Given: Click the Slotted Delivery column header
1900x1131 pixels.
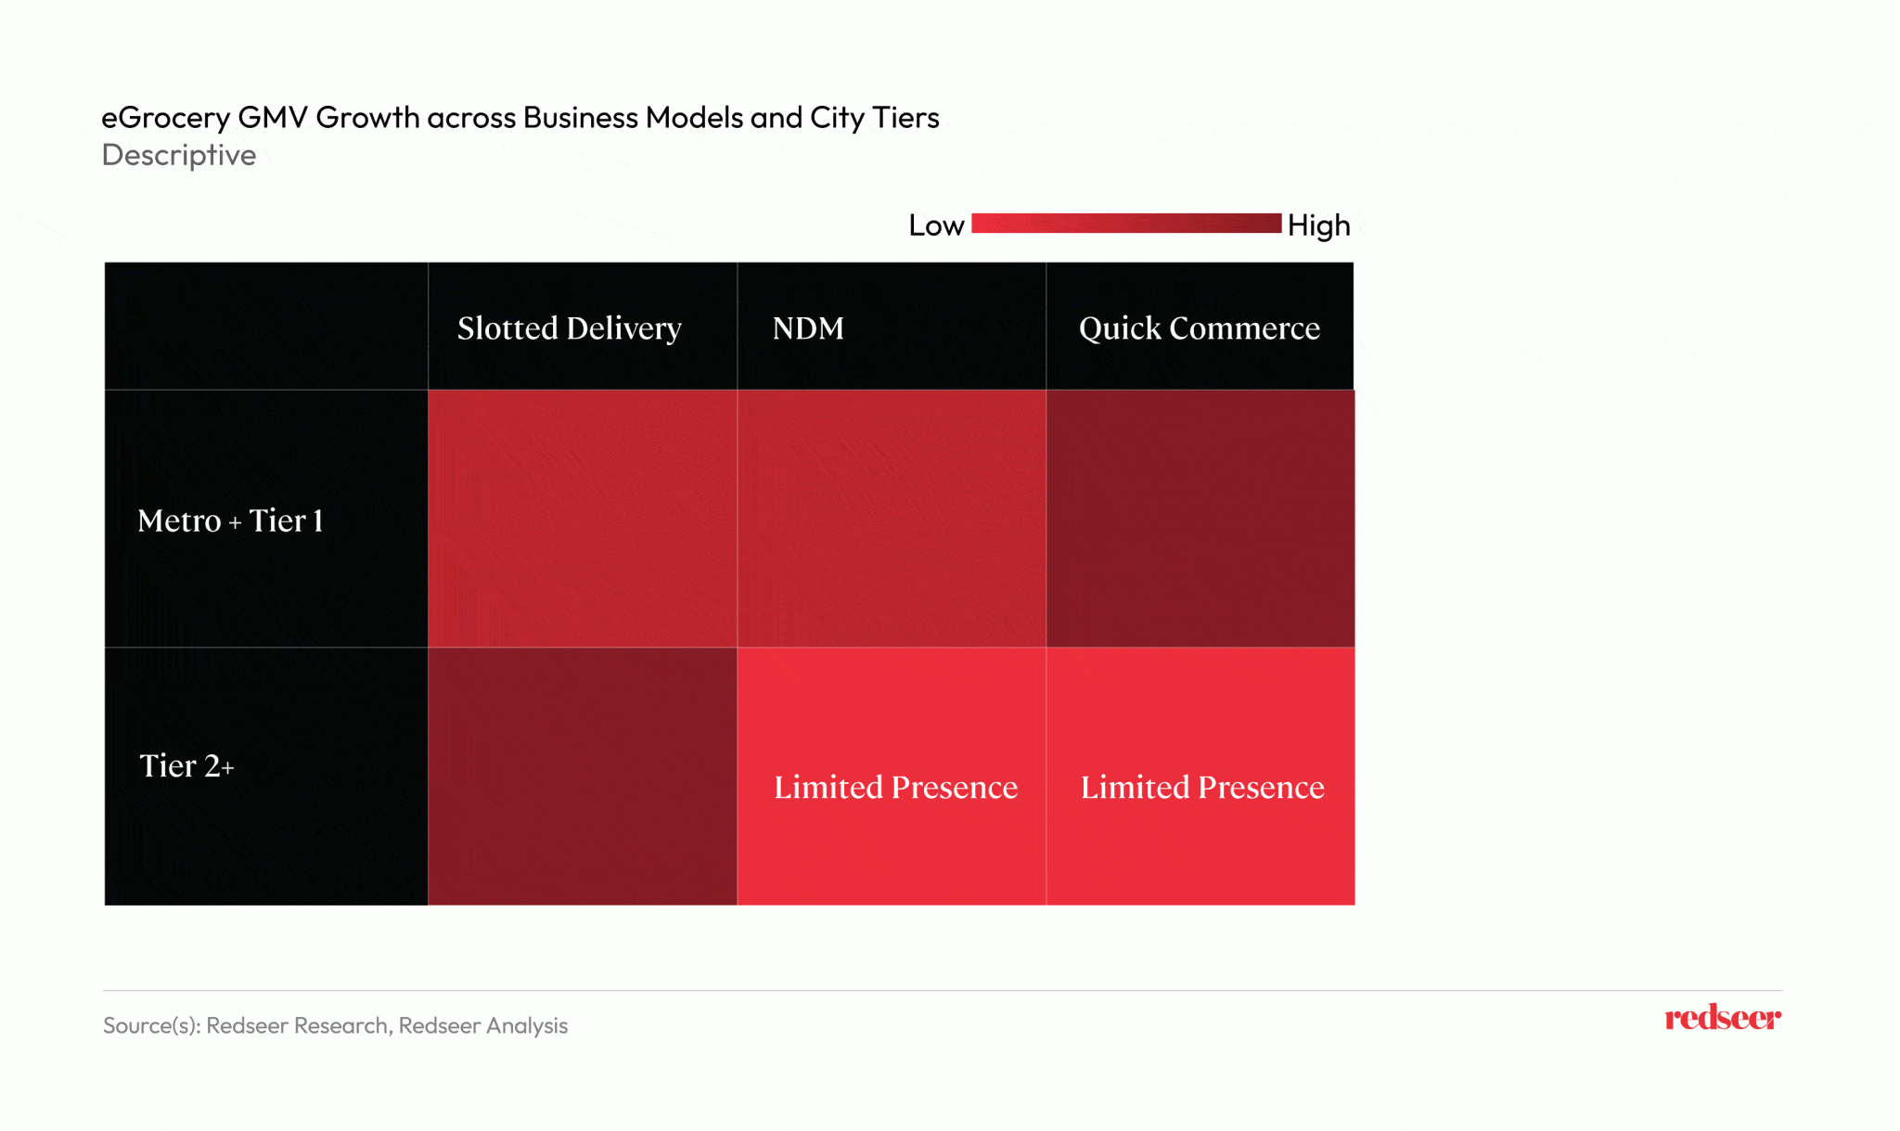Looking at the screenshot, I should [569, 328].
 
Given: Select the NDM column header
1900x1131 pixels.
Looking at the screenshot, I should [808, 328].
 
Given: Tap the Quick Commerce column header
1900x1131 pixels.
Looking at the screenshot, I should [1199, 328].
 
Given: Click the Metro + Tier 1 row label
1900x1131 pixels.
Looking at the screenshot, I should [230, 521].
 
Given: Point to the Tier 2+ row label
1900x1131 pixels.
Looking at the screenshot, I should [186, 766].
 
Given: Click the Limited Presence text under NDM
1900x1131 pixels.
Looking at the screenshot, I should [895, 788].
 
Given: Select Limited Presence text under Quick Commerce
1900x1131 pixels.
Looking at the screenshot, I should [1202, 788].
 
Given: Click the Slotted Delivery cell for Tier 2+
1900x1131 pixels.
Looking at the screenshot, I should [583, 776].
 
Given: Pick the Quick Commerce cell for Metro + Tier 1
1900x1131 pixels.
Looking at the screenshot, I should [1200, 518].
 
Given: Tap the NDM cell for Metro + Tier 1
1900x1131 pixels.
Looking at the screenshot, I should [892, 518].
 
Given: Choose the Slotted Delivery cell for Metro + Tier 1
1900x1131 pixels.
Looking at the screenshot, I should [583, 518].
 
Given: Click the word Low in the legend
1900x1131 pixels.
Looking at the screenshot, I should [936, 225].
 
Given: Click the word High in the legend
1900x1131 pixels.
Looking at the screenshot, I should [1318, 225].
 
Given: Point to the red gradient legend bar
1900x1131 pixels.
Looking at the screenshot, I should [1125, 224].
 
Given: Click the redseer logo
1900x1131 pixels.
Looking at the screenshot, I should [1722, 1018].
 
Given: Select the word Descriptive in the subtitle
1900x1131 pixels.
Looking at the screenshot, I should [179, 155].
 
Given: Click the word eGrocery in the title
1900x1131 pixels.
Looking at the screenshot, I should [165, 118].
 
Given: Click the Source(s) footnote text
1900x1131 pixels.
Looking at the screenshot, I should [335, 1025].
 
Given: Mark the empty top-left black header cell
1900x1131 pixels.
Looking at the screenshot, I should [266, 326].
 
